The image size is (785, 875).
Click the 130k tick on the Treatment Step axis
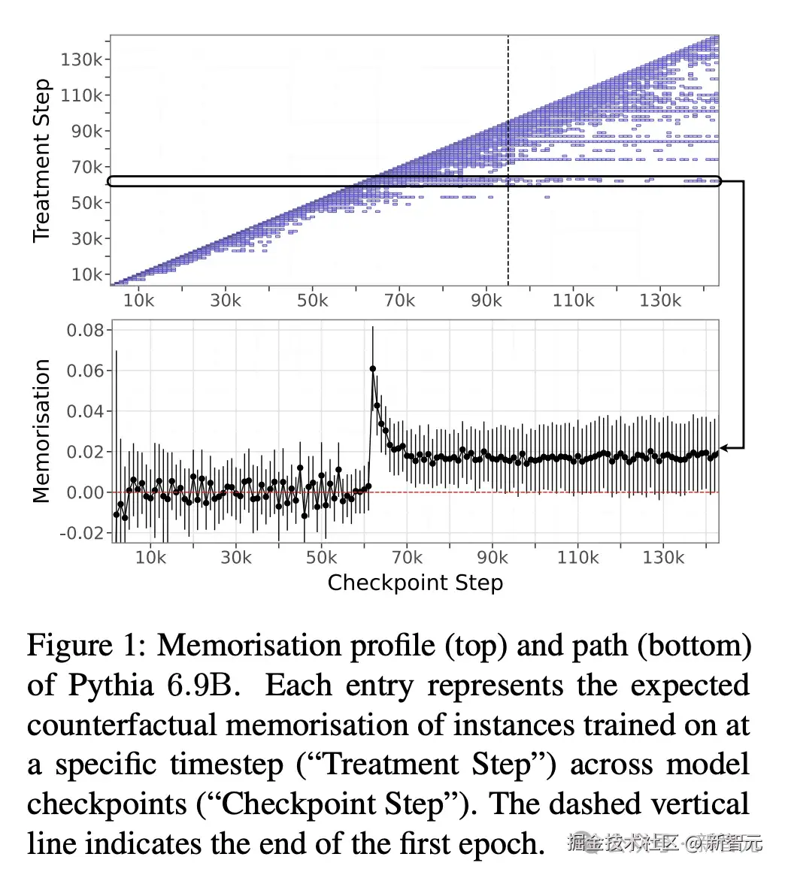tap(81, 59)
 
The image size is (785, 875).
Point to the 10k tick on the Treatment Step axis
tap(86, 274)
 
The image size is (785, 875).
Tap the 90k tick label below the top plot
tap(486, 301)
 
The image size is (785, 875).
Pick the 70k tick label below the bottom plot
tap(407, 558)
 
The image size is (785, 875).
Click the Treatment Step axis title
tap(42, 160)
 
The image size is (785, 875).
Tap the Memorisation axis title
tap(42, 430)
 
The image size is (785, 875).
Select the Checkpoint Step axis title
tap(415, 583)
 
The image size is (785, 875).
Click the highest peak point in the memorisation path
tap(373, 369)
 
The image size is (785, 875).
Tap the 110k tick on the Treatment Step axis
tap(81, 95)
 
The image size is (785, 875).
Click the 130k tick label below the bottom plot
tap(663, 558)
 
